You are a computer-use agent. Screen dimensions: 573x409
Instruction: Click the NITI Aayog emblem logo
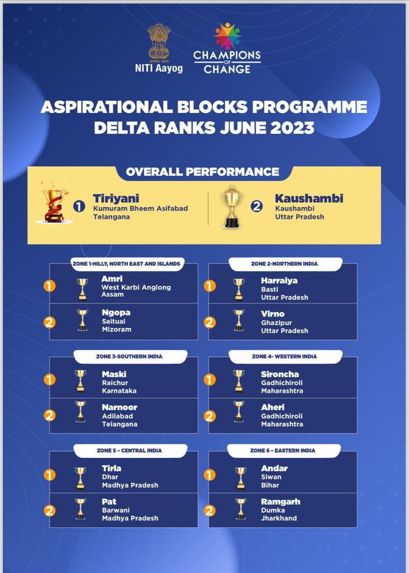[x=158, y=43]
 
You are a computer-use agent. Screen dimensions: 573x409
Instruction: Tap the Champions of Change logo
[x=227, y=49]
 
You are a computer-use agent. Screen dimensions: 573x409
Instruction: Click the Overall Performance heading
[x=202, y=172]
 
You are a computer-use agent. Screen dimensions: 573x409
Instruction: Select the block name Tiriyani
[x=116, y=199]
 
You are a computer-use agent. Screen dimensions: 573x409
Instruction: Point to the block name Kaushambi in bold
[x=309, y=199]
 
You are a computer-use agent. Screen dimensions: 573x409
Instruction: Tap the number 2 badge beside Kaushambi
[x=256, y=206]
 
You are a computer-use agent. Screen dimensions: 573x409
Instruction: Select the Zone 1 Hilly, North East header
[x=126, y=262]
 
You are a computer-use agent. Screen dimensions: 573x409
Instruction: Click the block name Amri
[x=112, y=279]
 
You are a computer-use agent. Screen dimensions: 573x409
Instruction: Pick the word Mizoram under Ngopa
[x=116, y=330]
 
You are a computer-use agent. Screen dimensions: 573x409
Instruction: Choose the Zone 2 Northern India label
[x=285, y=262]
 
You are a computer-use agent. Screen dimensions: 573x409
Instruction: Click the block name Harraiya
[x=279, y=280]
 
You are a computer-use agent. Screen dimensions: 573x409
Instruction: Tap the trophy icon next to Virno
[x=239, y=320]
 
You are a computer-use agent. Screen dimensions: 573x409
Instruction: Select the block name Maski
[x=114, y=374]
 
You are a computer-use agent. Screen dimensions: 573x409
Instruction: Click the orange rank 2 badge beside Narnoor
[x=50, y=415]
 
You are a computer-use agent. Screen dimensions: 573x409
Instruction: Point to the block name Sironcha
[x=280, y=374]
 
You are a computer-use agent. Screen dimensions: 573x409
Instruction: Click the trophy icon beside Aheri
[x=239, y=412]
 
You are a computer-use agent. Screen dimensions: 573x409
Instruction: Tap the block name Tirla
[x=111, y=468]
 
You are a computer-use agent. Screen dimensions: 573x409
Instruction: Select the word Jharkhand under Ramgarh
[x=279, y=518]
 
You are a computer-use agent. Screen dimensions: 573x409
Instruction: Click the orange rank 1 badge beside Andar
[x=210, y=475]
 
